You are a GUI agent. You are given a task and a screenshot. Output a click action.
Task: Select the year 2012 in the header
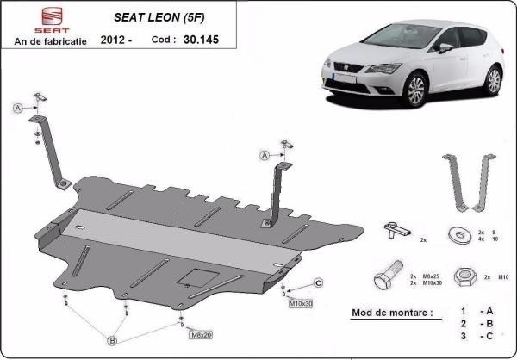(x=115, y=40)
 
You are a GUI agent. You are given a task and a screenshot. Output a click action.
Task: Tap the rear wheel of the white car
(x=493, y=79)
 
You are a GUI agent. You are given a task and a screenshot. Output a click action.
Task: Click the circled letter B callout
(x=112, y=341)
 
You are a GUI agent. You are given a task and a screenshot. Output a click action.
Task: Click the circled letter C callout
(x=317, y=282)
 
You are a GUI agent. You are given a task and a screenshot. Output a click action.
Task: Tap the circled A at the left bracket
(x=17, y=108)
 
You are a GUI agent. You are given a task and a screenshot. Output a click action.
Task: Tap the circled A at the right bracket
(x=263, y=155)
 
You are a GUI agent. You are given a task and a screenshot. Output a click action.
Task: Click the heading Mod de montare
(x=392, y=312)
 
